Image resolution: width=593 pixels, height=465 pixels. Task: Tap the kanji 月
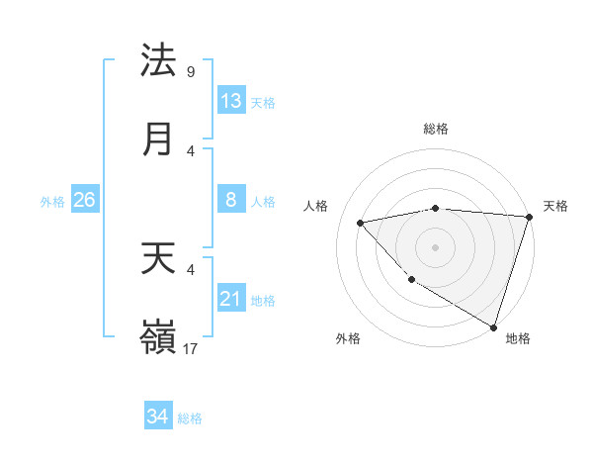coord(158,139)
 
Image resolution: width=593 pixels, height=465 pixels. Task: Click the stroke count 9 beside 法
coord(191,71)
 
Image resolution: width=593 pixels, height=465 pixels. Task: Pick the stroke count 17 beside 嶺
coord(191,348)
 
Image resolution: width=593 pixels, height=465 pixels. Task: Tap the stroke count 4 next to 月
coord(191,150)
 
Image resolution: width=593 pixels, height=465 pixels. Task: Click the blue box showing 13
coord(231,101)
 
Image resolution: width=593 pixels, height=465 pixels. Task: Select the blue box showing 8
coord(231,200)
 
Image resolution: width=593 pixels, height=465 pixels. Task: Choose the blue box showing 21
coord(231,299)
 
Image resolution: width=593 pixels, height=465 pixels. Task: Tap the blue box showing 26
coord(84,200)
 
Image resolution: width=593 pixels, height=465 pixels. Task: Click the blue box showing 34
coord(157,417)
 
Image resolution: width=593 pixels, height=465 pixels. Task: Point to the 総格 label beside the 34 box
coord(190,418)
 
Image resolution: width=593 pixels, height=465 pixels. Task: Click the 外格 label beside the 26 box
coord(52,202)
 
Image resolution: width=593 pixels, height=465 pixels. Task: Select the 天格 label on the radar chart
coord(555,206)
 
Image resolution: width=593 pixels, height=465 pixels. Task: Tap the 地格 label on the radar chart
coord(518,338)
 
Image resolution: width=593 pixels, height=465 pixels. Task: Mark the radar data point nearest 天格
coord(529,217)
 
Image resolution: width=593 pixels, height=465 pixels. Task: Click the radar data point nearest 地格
coord(494,327)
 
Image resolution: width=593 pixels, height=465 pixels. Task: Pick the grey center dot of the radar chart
coord(435,246)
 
